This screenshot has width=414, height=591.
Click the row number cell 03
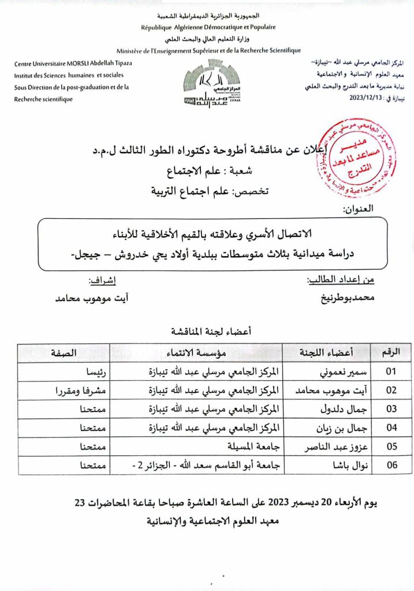point(391,409)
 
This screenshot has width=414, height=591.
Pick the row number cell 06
point(391,465)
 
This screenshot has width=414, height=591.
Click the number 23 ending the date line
point(83,502)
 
